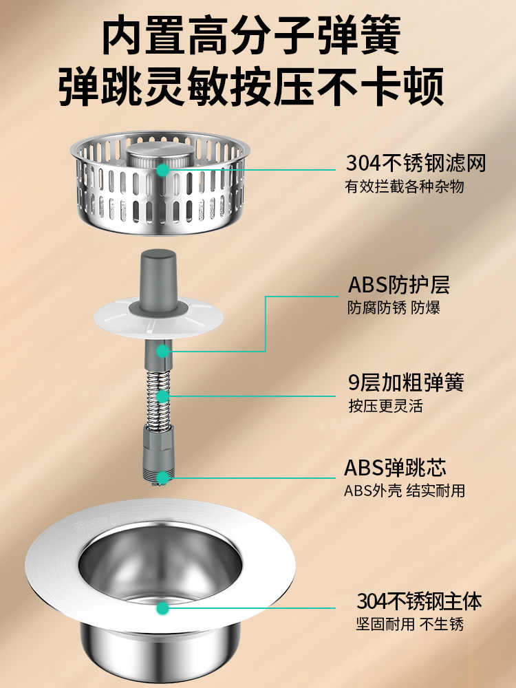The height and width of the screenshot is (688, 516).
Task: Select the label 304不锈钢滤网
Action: tap(416, 164)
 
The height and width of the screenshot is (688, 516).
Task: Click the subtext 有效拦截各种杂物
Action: tap(405, 186)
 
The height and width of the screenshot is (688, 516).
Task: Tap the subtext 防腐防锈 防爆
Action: tap(393, 308)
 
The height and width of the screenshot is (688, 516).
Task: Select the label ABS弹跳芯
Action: tap(395, 468)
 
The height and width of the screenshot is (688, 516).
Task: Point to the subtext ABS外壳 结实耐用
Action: tap(405, 491)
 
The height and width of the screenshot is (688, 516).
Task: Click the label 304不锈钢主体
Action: tap(418, 601)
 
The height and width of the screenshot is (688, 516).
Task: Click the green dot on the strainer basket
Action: tap(162, 169)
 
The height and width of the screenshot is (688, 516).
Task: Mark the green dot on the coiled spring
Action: tap(162, 396)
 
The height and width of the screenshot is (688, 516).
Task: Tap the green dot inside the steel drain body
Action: tap(162, 608)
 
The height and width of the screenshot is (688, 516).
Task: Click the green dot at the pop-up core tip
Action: tap(162, 477)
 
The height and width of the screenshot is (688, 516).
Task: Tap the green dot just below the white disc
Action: tap(162, 351)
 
